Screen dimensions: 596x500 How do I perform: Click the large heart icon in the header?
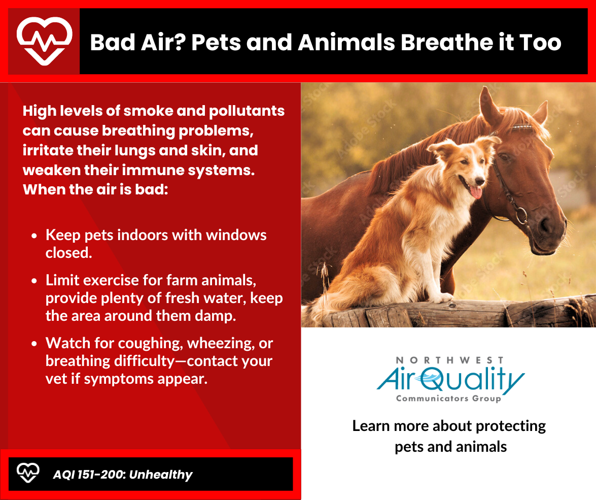tap(45, 41)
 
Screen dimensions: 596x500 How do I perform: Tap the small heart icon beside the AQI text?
tap(28, 473)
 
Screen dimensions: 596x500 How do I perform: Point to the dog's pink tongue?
tap(475, 191)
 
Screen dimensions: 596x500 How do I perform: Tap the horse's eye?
tap(504, 156)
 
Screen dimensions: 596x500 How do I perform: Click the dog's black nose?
tap(480, 181)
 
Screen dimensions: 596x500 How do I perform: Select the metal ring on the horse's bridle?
tap(521, 216)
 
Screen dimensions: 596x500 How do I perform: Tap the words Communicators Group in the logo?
tap(448, 398)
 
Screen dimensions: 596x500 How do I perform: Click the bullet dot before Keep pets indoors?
tap(34, 236)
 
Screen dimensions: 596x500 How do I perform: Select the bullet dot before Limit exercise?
tap(34, 281)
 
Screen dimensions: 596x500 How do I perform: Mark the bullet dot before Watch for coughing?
tap(34, 344)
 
